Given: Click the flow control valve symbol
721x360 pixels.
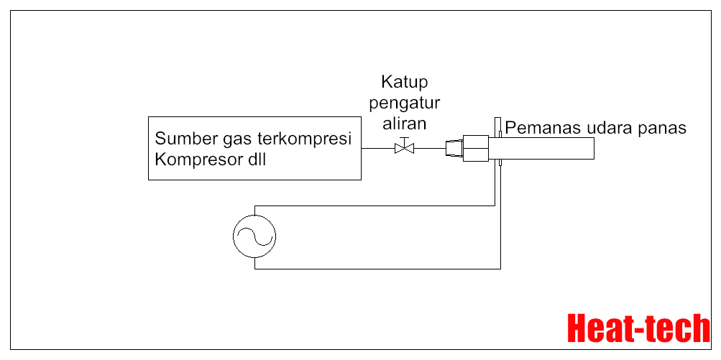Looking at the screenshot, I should pyautogui.click(x=405, y=148).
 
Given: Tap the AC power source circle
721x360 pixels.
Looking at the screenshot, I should pyautogui.click(x=254, y=234).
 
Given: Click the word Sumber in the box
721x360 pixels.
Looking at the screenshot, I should pyautogui.click(x=183, y=139).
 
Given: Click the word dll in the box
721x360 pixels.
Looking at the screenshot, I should pyautogui.click(x=255, y=160).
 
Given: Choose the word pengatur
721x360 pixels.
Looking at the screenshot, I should pyautogui.click(x=405, y=102).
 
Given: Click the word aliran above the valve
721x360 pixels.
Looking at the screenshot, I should pyautogui.click(x=405, y=123).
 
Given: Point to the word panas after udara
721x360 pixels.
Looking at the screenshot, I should pyautogui.click(x=663, y=128).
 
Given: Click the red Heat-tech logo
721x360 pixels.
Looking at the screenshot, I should pyautogui.click(x=638, y=329).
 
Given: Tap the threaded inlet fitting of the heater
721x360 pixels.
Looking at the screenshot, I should pyautogui.click(x=454, y=149).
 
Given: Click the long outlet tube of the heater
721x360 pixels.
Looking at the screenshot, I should pyautogui.click(x=546, y=148).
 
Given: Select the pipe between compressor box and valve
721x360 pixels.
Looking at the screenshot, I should pyautogui.click(x=377, y=149).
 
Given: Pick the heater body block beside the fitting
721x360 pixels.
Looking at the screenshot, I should pyautogui.click(x=477, y=149).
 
